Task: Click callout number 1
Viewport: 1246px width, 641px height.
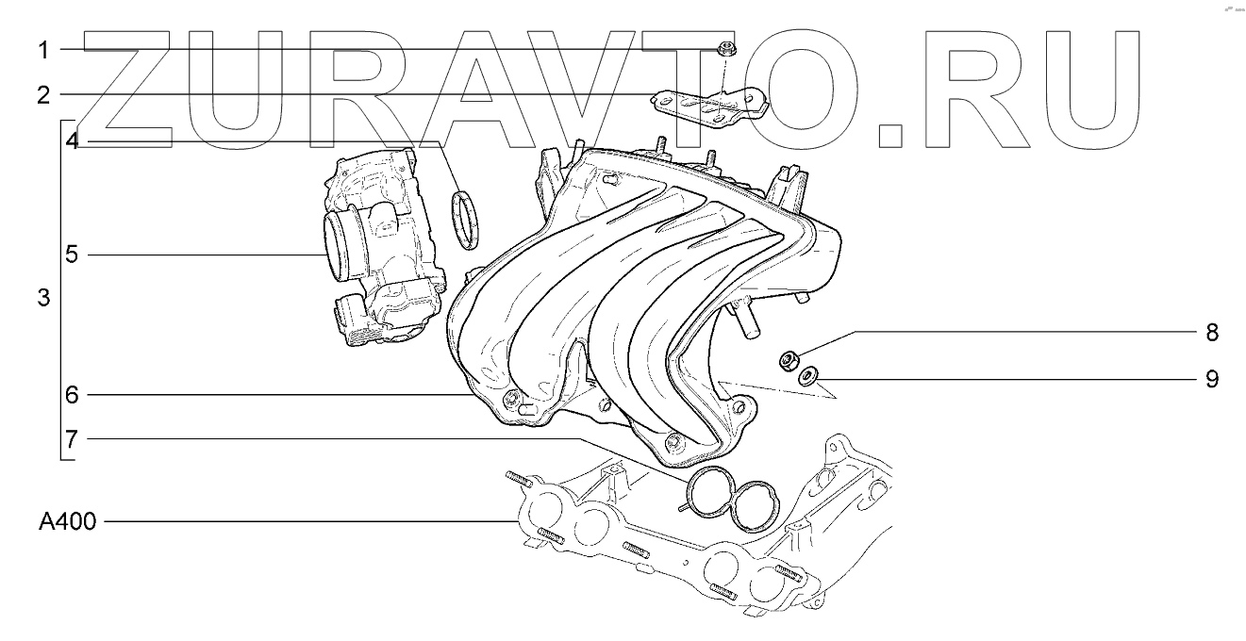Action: [x=43, y=51]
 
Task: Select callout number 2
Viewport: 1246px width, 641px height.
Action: [x=44, y=95]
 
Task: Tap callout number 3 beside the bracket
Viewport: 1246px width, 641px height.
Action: [x=44, y=298]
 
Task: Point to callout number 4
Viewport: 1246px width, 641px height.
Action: [x=73, y=141]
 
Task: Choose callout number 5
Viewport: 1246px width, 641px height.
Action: [x=72, y=255]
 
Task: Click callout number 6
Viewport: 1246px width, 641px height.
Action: [x=72, y=395]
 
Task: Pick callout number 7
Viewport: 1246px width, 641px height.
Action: [x=72, y=440]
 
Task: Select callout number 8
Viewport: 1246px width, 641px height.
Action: [x=1212, y=333]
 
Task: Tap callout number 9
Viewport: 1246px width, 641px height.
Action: [x=1212, y=379]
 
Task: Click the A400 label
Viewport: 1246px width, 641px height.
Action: [x=67, y=521]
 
